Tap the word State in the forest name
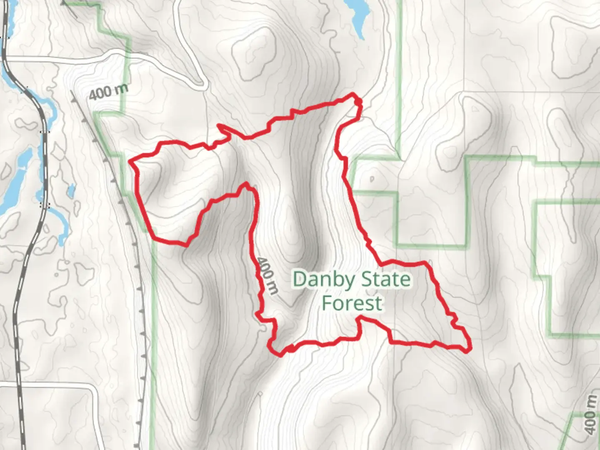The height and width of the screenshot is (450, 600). tap(386, 279)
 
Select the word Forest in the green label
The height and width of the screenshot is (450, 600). tap(352, 303)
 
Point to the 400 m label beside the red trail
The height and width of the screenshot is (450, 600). tap(267, 275)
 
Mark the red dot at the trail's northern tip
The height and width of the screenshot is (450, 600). tap(357, 101)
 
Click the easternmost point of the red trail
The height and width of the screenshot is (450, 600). tap(470, 348)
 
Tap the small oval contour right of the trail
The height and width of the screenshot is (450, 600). tap(372, 179)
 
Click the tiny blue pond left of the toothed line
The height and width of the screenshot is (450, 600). tap(71, 191)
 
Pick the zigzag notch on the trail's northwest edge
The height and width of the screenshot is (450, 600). tap(224, 132)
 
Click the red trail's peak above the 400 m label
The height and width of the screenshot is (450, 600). tap(247, 185)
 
